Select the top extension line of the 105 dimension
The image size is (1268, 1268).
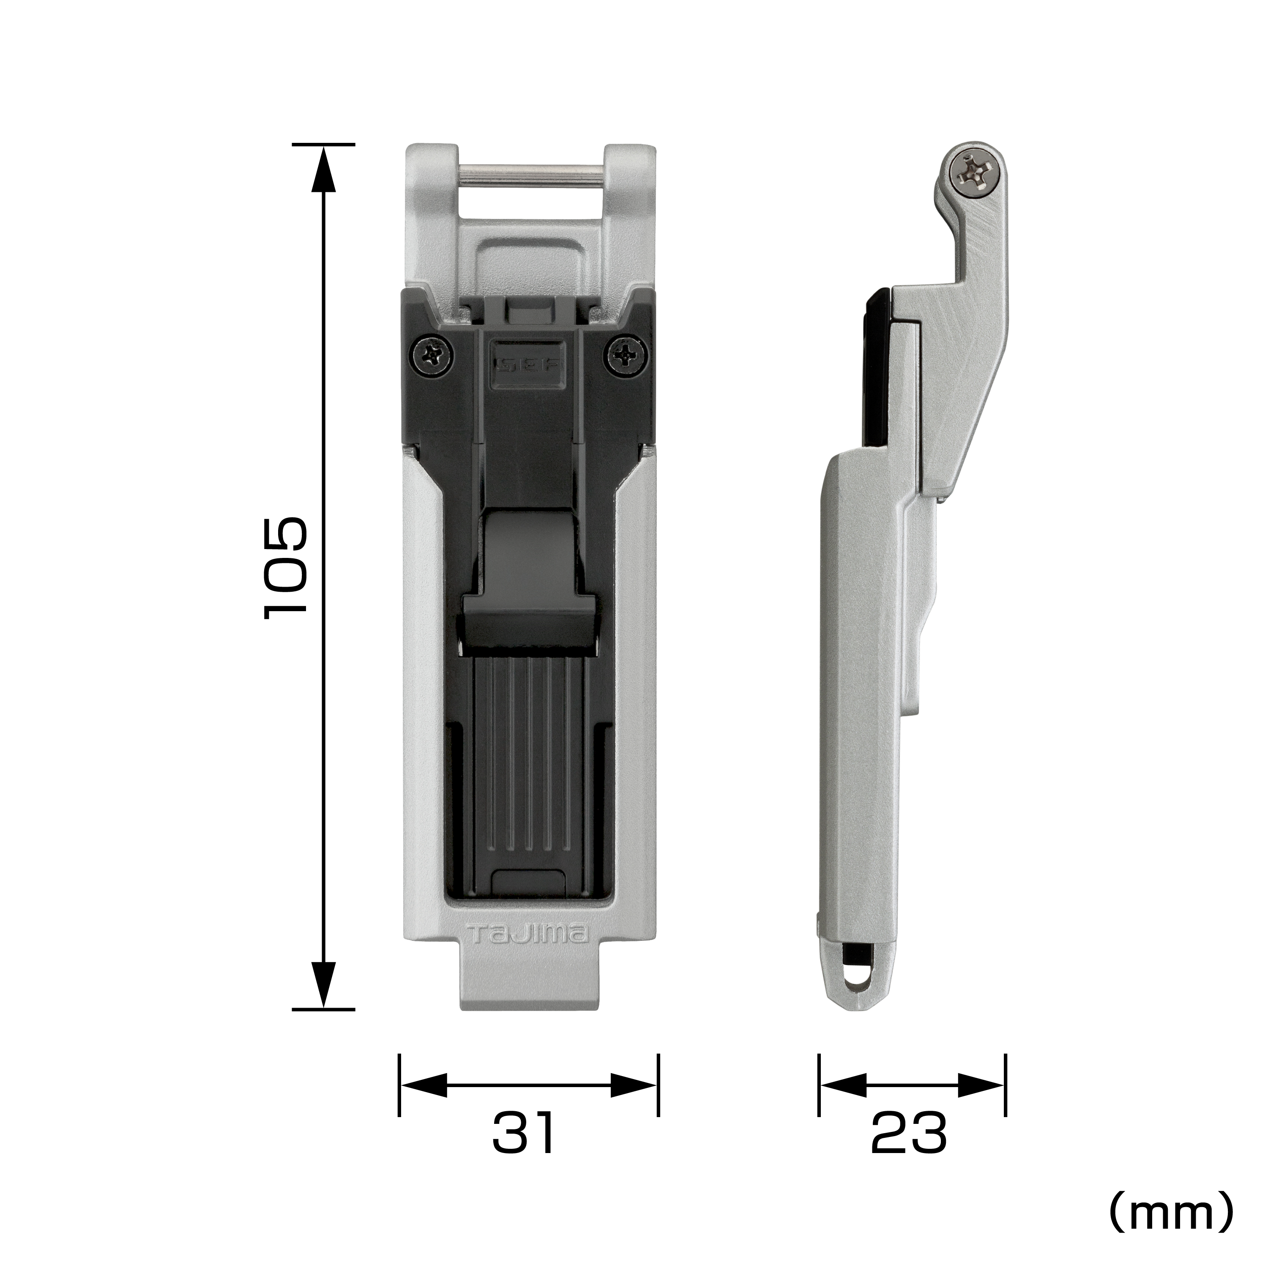pos(323,144)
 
